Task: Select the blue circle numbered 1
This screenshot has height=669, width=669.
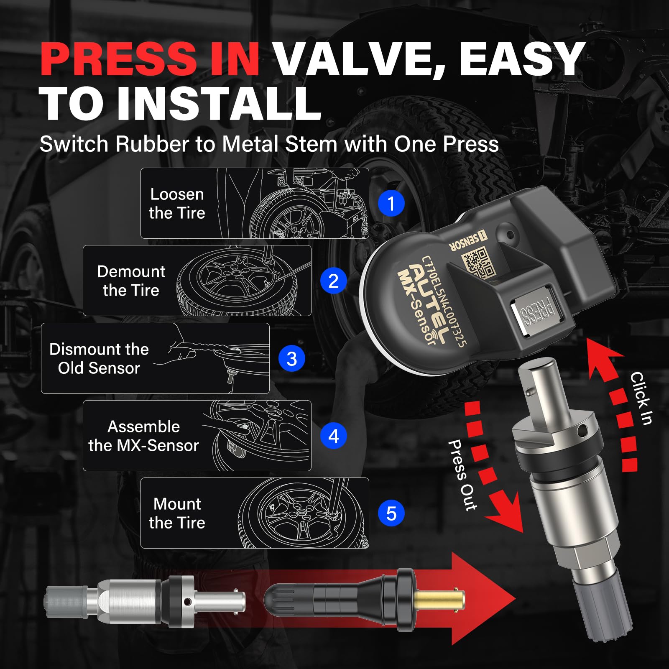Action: [x=391, y=204]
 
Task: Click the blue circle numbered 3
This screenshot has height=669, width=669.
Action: [x=291, y=359]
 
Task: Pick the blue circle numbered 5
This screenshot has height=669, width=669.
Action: [x=391, y=513]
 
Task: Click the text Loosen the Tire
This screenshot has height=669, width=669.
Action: [x=177, y=204]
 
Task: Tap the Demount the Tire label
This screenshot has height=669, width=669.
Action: [x=131, y=281]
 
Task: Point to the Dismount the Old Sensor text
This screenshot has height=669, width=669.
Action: [x=99, y=359]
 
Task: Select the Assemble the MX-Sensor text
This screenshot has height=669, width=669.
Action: [x=143, y=436]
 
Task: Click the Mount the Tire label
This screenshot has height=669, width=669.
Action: [x=177, y=513]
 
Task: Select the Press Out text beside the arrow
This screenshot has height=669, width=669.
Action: [x=462, y=475]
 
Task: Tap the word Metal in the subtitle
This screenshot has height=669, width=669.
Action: [x=250, y=144]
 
